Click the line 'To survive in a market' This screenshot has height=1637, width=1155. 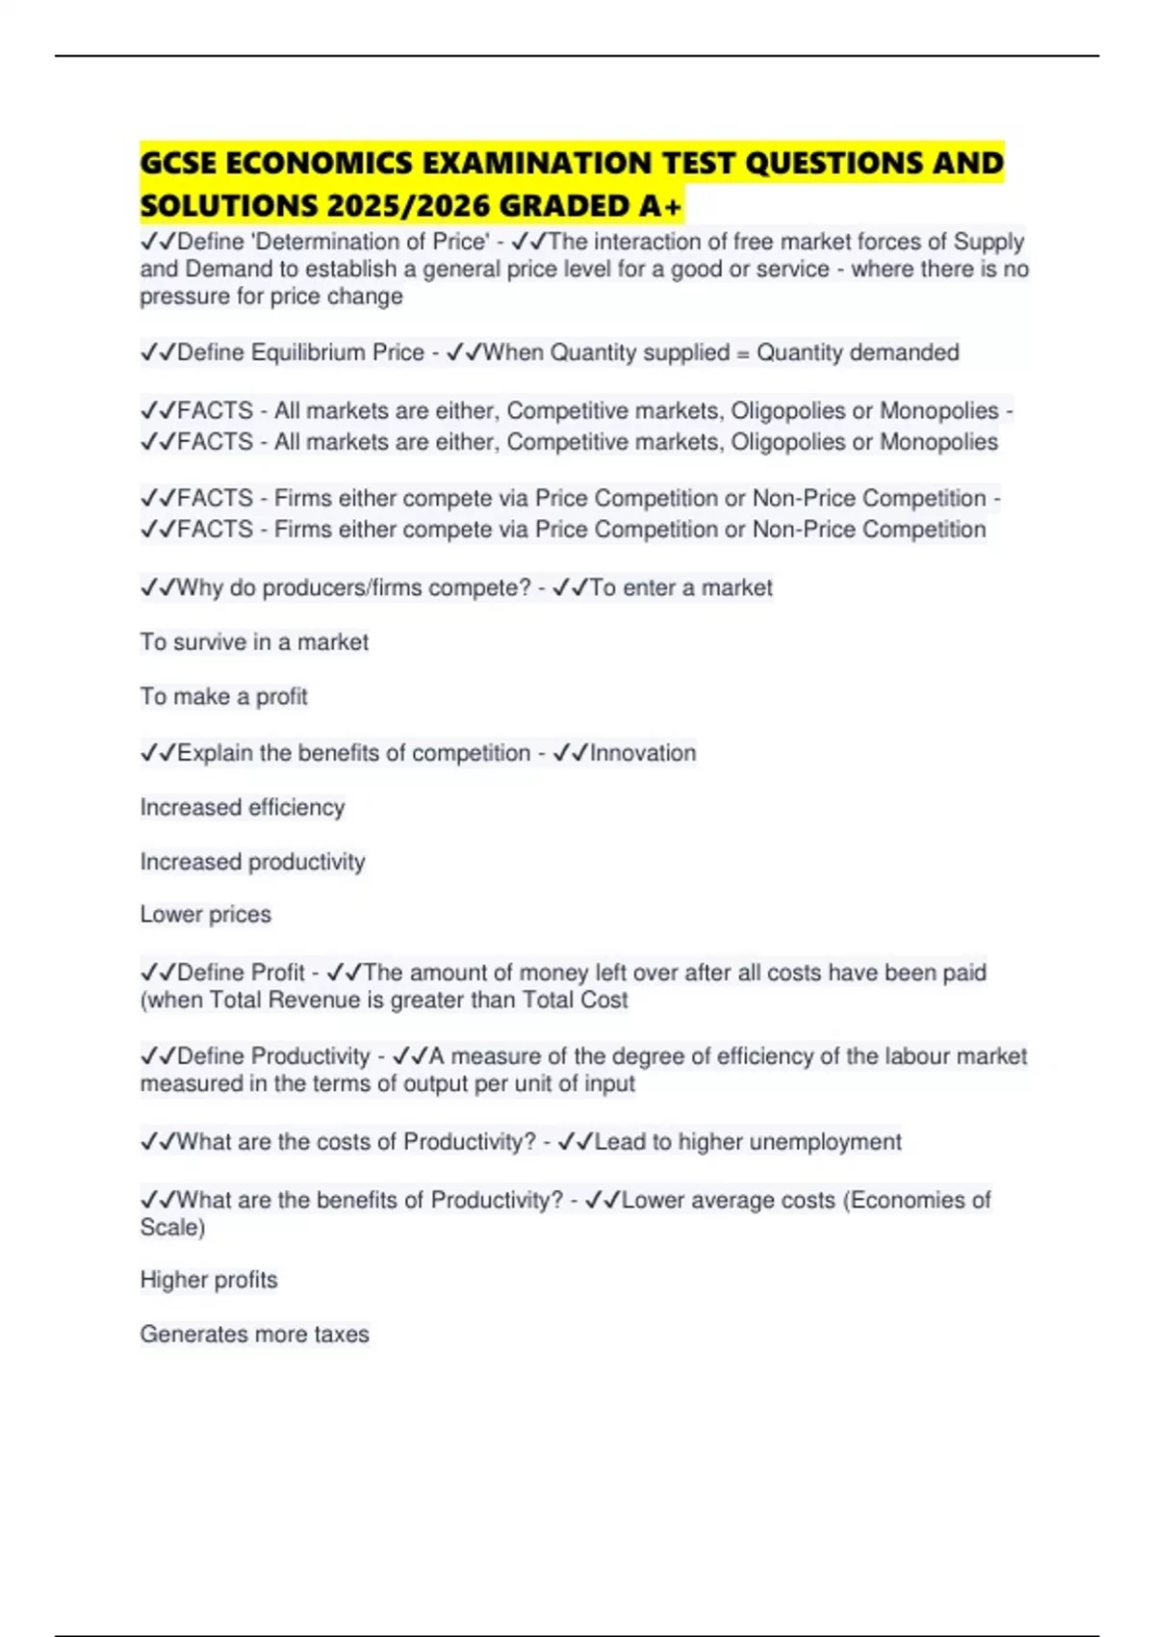pyautogui.click(x=254, y=642)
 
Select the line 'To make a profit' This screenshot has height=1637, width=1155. pyautogui.click(x=223, y=696)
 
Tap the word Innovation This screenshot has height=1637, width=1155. pyautogui.click(x=642, y=753)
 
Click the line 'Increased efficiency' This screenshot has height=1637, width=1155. pyautogui.click(x=242, y=807)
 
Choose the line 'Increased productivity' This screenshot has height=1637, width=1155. pyautogui.click(x=252, y=861)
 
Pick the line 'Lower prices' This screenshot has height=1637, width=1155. pyautogui.click(x=205, y=914)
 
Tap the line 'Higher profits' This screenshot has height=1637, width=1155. pyautogui.click(x=208, y=1280)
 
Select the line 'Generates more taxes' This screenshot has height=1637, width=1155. pyautogui.click(x=254, y=1334)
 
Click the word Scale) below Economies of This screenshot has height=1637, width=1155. pyautogui.click(x=172, y=1227)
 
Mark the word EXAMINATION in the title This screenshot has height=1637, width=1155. pyautogui.click(x=552, y=163)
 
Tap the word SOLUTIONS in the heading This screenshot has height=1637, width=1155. pyautogui.click(x=227, y=206)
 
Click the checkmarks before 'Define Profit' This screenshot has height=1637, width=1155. pyautogui.click(x=157, y=973)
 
